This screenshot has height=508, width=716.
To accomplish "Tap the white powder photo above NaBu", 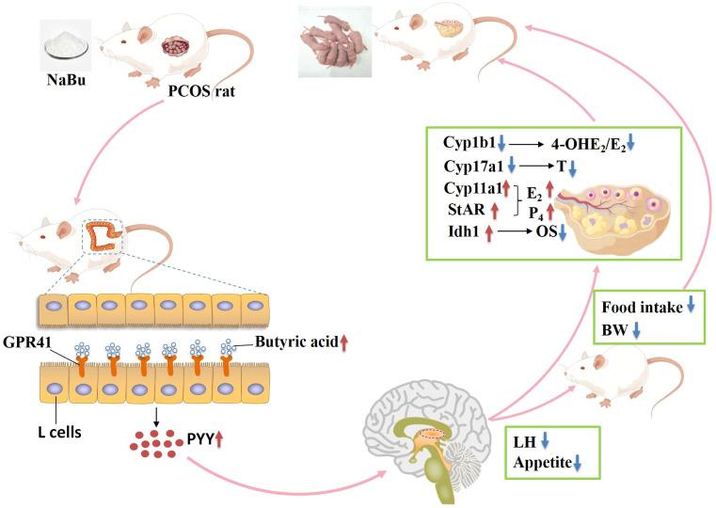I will point(67,40).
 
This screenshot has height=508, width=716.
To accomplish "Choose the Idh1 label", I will point(460,231).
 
